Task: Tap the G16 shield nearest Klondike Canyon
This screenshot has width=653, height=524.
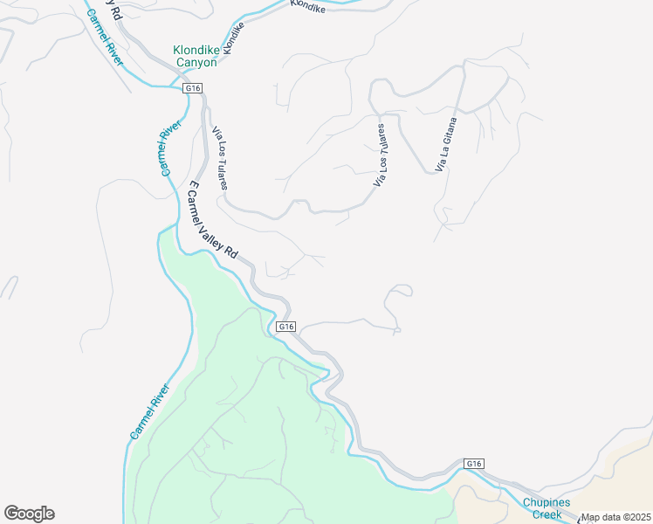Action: [x=193, y=88]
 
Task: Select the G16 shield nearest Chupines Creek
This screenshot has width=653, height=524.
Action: [x=473, y=464]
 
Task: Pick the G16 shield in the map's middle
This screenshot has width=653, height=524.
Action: [x=286, y=326]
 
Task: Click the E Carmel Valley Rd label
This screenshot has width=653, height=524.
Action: [x=212, y=218]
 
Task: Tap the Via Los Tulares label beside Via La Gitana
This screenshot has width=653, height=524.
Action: [x=381, y=155]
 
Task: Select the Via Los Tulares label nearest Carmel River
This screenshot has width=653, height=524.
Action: [x=221, y=158]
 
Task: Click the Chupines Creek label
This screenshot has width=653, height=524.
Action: [x=547, y=508]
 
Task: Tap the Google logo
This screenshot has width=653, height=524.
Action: [x=29, y=514]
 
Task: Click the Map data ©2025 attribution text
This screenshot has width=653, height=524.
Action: [x=615, y=517]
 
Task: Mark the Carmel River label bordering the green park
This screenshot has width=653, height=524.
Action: [x=148, y=411]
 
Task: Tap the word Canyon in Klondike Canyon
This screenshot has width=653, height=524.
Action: [x=196, y=63]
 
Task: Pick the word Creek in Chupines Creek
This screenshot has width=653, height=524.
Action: [x=547, y=514]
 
